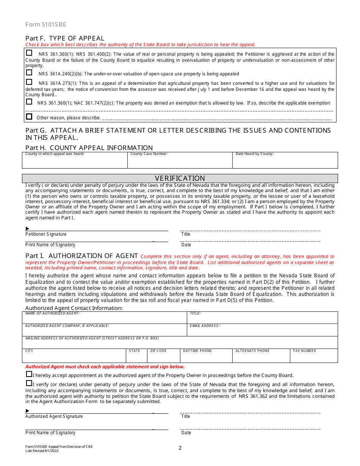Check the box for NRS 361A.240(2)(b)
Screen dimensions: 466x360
tap(29, 72)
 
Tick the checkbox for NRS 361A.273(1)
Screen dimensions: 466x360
tap(29, 82)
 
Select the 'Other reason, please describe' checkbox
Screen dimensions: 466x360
tap(29, 117)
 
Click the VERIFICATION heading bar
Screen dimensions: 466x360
tap(180, 178)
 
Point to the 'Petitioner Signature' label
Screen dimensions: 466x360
tap(46, 234)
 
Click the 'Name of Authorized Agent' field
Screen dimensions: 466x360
tap(105, 319)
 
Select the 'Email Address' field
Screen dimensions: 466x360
tap(262, 331)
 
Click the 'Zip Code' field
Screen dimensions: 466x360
tap(163, 357)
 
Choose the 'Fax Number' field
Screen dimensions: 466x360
tap(314, 357)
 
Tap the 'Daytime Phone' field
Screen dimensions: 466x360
tap(206, 357)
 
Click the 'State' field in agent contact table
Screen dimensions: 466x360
tap(136, 357)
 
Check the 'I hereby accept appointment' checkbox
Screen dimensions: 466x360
tap(29, 374)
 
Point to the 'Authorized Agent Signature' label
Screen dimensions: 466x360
tap(54, 416)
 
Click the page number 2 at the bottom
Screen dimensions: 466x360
tap(180, 448)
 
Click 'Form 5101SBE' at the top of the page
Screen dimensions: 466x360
tap(46, 25)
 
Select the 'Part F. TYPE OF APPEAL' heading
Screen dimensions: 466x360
tap(65, 38)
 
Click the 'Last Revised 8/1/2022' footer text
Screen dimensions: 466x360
tap(42, 450)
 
